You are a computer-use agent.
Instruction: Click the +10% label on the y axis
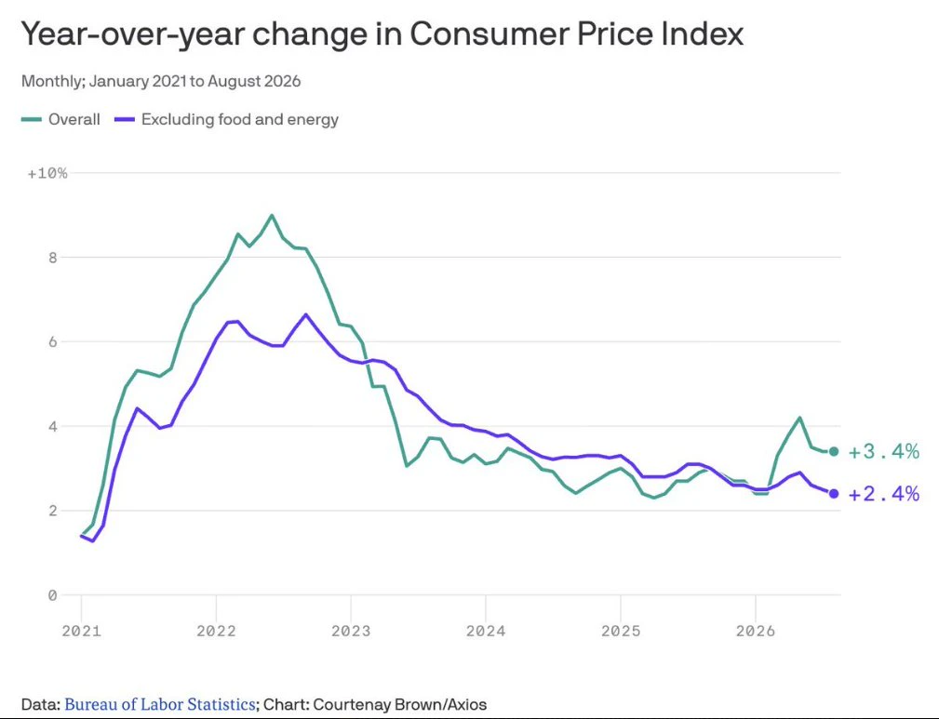47,174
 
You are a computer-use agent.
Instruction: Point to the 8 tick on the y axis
53,258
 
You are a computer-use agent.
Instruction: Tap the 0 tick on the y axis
53,595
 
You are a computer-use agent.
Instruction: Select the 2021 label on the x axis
82,631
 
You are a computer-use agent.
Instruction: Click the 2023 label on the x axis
351,631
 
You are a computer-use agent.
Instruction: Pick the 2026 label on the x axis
756,631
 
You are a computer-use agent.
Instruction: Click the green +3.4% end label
884,451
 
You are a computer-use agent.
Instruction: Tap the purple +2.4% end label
884,494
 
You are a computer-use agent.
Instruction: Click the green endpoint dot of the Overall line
834,451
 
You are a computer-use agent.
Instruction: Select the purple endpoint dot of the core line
834,494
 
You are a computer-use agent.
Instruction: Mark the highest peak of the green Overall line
272,215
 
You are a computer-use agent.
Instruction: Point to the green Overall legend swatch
31,120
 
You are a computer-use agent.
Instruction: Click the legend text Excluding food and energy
240,120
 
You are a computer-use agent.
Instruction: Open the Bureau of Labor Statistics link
160,704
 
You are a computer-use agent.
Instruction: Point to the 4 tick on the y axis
53,426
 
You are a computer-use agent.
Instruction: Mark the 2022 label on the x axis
216,631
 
